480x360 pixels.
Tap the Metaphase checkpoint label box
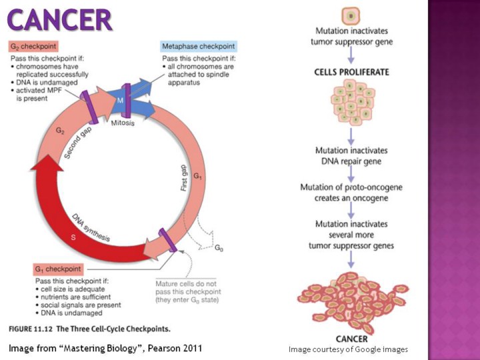[x=199, y=47]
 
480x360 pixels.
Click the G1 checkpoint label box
[x=57, y=269]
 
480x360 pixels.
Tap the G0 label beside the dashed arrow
[x=219, y=247]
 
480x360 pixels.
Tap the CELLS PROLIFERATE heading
[x=351, y=71]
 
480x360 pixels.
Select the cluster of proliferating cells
[x=351, y=105]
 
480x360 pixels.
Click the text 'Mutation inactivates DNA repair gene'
[x=351, y=155]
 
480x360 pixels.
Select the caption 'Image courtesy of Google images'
[x=347, y=349]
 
